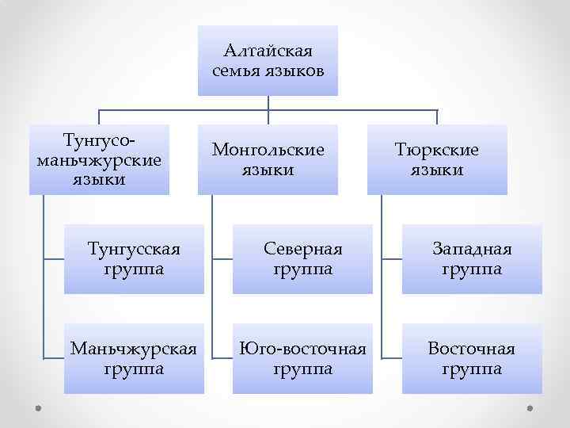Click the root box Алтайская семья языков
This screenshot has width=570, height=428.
[268, 61]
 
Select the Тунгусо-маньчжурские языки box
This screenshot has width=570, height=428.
[99, 159]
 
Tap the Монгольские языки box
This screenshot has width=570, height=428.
[268, 159]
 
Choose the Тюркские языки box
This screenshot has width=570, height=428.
[437, 159]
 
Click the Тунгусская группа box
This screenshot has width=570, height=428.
[134, 259]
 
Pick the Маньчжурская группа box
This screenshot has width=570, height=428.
[134, 358]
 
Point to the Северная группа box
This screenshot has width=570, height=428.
[302, 259]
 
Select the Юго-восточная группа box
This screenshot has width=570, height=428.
[302, 358]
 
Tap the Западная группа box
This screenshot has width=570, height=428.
[472, 259]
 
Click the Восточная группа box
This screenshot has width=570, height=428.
[472, 358]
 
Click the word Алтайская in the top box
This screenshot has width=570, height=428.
[268, 52]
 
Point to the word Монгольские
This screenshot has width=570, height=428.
[268, 150]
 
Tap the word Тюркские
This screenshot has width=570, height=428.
[437, 150]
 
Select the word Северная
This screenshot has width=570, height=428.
[302, 250]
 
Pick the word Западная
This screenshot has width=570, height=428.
[472, 250]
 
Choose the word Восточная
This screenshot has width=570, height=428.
[472, 349]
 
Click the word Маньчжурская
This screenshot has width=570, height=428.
[134, 349]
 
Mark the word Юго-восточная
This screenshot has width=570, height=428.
[302, 349]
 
